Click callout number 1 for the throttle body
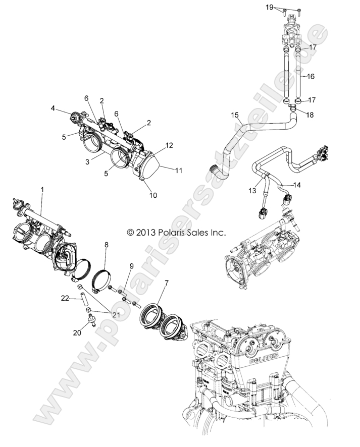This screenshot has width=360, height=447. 42,189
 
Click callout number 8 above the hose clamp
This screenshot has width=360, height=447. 106,244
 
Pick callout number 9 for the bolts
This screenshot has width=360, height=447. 131,265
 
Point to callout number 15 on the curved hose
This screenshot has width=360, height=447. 234,116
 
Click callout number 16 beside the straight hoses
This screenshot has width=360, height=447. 310,76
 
